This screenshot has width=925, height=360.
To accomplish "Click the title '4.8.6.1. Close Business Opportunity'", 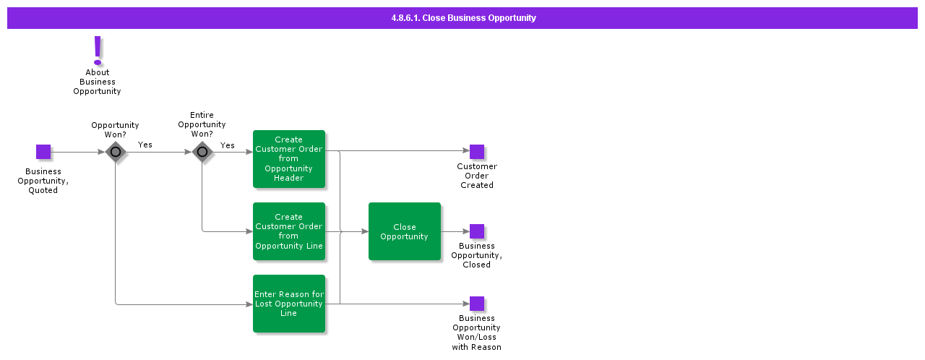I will tap(463, 18).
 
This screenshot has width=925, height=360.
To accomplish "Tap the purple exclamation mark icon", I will tap(98, 51).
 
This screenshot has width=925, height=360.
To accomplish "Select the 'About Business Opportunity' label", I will tap(97, 82).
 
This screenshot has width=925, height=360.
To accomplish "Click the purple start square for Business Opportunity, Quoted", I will tap(43, 152).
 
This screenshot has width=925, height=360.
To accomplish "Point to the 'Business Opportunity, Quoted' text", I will tap(43, 181).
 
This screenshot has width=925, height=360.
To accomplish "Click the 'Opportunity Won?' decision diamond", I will tap(116, 152).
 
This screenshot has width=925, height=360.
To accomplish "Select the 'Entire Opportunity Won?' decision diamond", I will tap(202, 152).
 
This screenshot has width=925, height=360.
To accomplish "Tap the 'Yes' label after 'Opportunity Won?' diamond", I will tap(145, 145).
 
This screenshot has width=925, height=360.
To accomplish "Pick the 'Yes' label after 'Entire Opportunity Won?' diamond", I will tap(228, 145).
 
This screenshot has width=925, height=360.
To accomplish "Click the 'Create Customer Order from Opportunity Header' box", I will tap(289, 159).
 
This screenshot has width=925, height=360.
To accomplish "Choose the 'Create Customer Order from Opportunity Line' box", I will tap(289, 231).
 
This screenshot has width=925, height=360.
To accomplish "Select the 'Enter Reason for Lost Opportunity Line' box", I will tap(289, 304).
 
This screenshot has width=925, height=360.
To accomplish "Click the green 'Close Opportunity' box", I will tap(405, 231).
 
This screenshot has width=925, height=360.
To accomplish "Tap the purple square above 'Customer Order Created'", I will tap(477, 152).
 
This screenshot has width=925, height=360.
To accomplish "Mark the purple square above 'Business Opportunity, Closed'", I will tap(477, 231).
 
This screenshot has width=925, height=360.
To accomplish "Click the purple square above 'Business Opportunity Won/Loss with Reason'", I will tap(477, 304).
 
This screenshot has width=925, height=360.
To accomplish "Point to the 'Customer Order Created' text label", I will tap(477, 176).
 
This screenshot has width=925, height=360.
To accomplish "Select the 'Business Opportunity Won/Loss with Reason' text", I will tap(477, 333).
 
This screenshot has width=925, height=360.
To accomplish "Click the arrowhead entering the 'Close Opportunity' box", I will tap(364, 231).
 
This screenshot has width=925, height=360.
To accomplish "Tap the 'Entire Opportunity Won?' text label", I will tap(202, 124).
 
